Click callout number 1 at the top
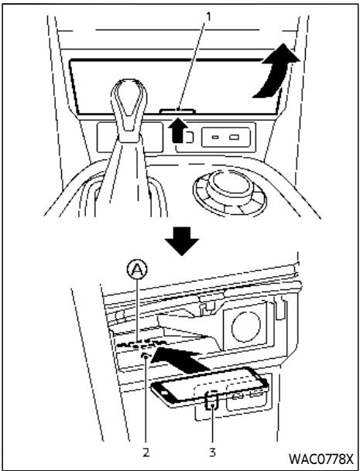click(207, 17)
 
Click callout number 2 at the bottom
click(146, 452)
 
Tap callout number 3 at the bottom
click(213, 452)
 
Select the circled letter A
click(138, 271)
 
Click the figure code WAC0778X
click(321, 459)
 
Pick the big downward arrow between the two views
click(182, 241)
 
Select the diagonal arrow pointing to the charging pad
click(180, 357)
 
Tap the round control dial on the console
click(230, 193)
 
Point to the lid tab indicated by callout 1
click(177, 111)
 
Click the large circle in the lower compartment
click(246, 327)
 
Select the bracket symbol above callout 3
click(212, 401)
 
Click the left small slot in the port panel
click(214, 137)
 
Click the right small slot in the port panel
click(234, 137)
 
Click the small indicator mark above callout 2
click(146, 356)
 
